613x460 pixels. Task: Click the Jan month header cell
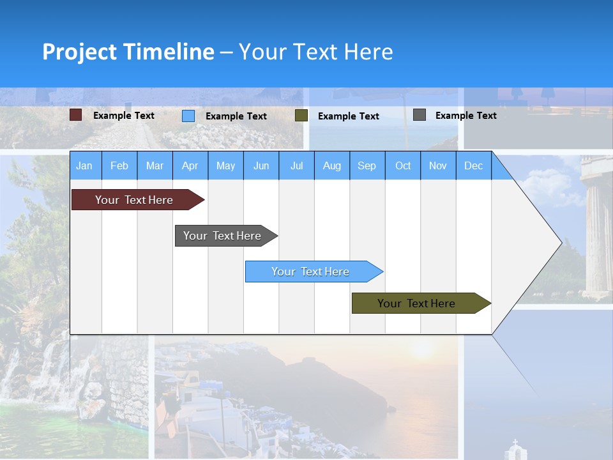85,165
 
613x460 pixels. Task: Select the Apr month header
190,165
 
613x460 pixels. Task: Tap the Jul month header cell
296,165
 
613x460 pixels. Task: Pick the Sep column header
367,165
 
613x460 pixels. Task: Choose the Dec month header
473,165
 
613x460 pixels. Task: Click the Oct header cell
403,165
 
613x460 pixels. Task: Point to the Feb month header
119,165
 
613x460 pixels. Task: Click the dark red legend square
76,115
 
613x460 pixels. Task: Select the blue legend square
188,116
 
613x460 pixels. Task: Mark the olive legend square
301,116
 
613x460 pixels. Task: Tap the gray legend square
420,115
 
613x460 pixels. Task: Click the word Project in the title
79,52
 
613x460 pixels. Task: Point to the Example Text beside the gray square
465,116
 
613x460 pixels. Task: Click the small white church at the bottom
515,450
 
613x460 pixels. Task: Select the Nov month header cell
438,165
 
